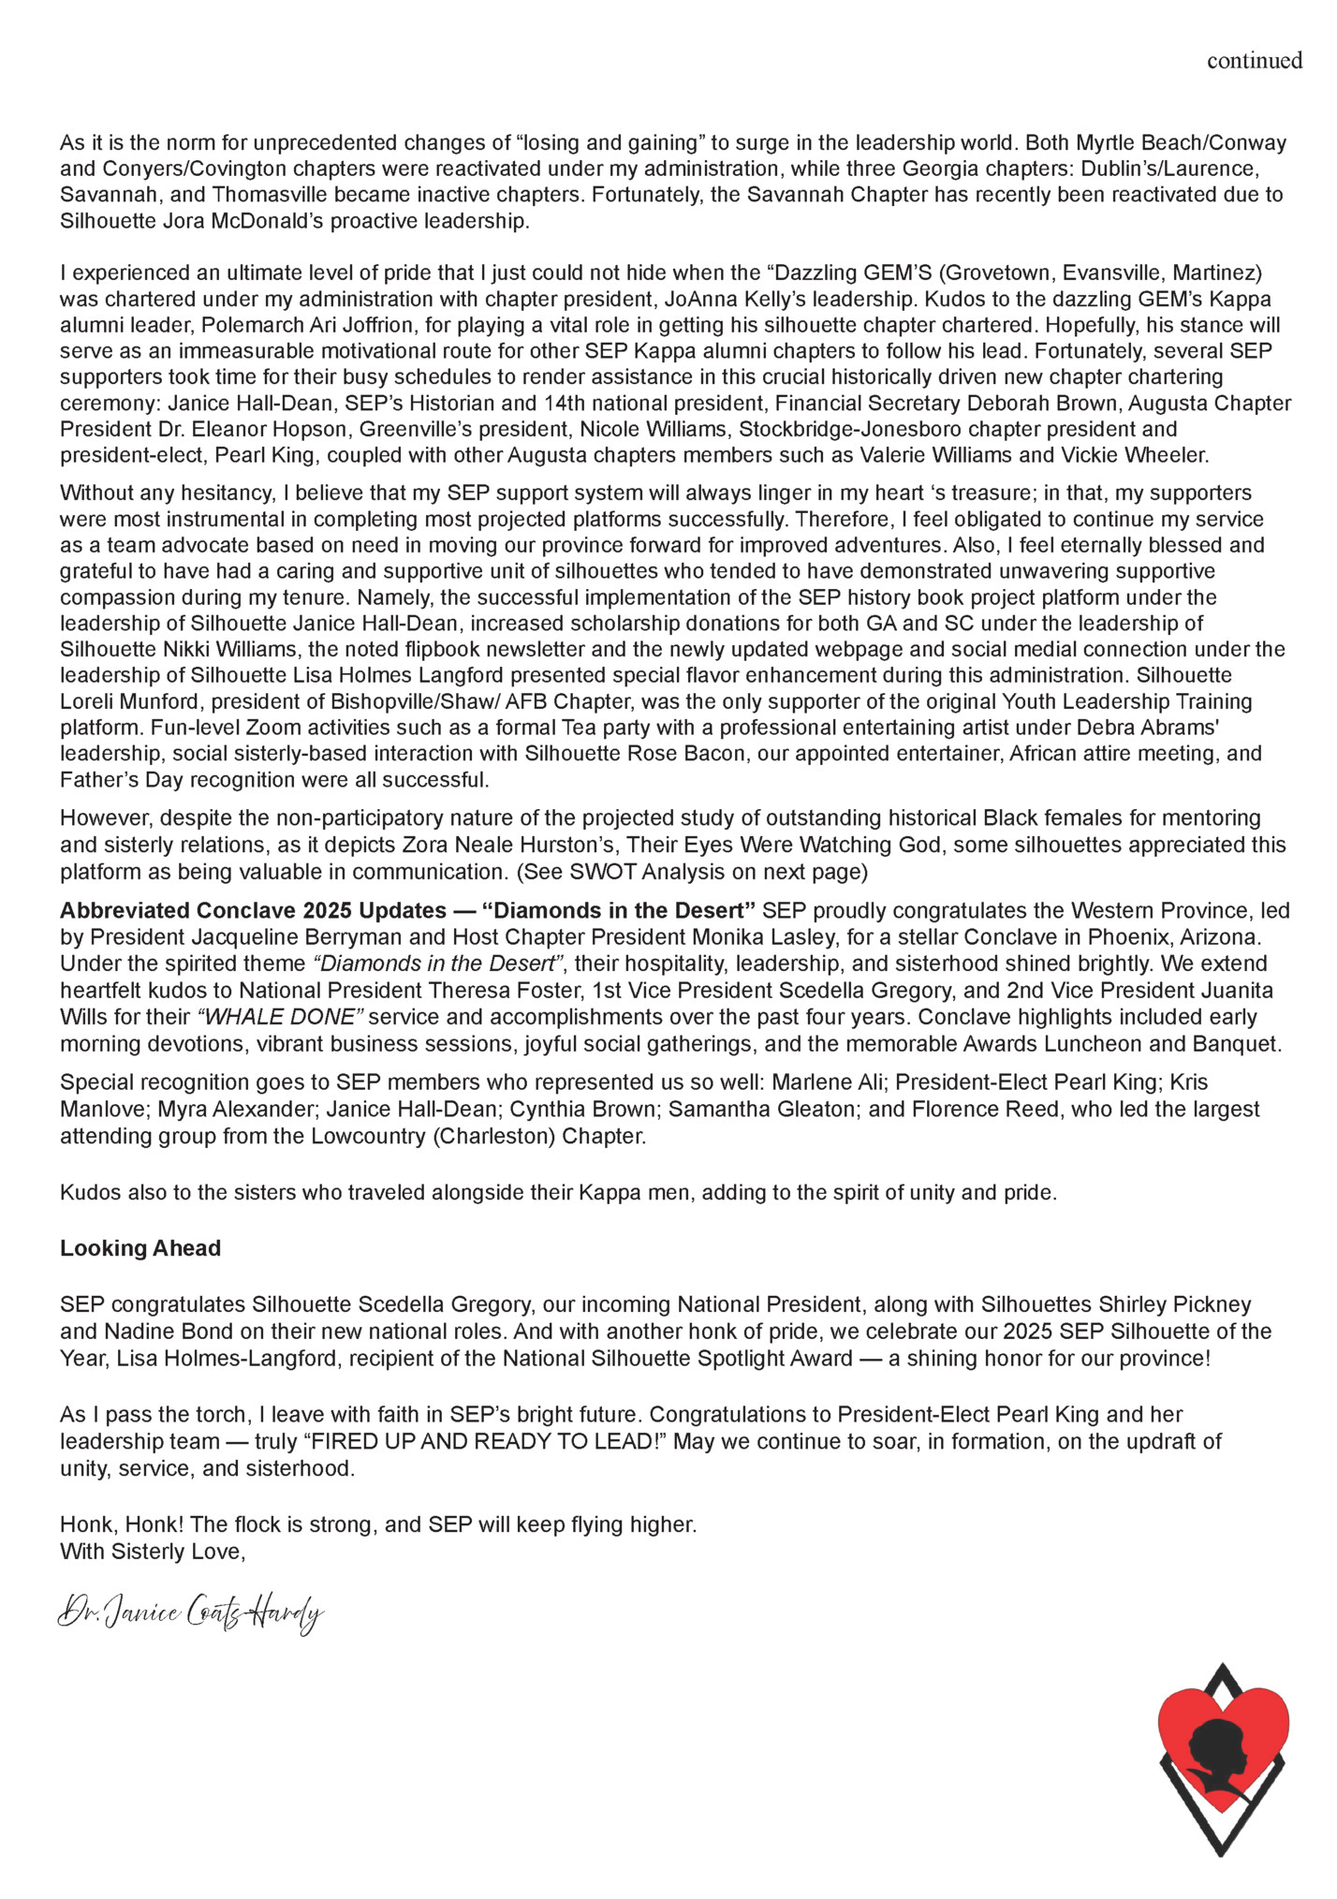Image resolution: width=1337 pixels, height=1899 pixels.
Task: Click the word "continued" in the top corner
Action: (1254, 61)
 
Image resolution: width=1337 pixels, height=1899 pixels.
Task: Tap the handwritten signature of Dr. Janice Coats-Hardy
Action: (191, 1612)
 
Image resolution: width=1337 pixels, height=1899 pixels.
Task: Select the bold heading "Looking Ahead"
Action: (140, 1248)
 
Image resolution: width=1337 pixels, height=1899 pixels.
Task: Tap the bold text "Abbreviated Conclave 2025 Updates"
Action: (253, 910)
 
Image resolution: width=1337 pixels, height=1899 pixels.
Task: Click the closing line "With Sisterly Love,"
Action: (152, 1552)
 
